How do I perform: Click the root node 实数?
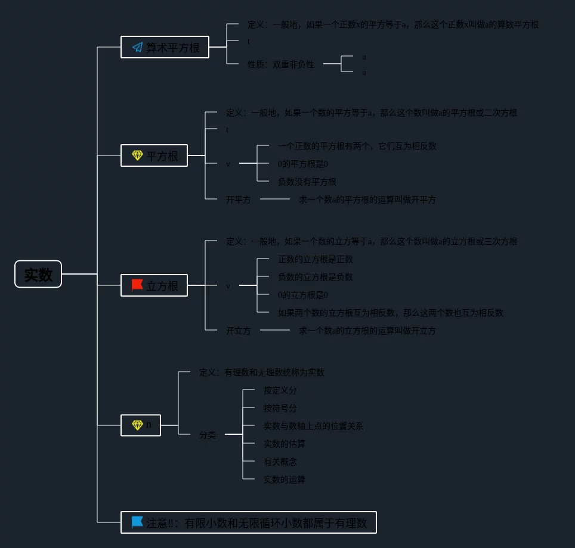[38, 274]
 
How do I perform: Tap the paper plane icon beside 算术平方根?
[137, 47]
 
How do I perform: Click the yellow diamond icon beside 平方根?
[137, 155]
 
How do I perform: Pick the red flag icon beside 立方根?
[137, 285]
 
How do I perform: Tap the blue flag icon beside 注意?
[137, 522]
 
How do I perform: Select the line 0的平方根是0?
[303, 164]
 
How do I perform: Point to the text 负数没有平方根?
[307, 182]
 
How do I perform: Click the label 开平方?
[238, 200]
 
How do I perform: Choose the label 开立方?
[238, 330]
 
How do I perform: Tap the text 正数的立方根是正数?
[316, 259]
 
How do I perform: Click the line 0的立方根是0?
[303, 295]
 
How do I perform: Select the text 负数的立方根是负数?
[316, 277]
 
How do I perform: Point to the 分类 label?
[208, 435]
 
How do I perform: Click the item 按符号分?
[280, 408]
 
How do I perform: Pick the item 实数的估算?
[285, 444]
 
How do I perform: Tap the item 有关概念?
[280, 462]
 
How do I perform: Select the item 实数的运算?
[285, 479]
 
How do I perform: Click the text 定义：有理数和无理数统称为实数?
[262, 372]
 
